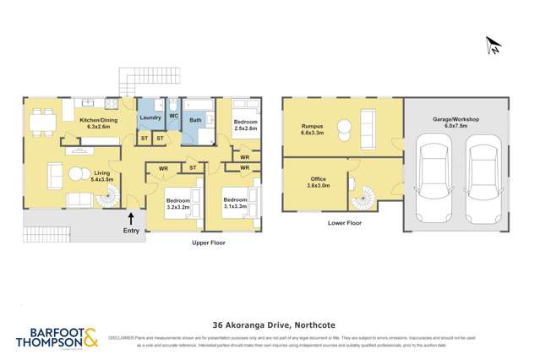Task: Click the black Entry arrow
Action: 131,217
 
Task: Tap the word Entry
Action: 131,230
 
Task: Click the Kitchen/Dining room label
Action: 99,123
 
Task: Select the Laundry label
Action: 150,117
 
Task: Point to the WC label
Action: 173,115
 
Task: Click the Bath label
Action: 195,121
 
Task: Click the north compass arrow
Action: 494,46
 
